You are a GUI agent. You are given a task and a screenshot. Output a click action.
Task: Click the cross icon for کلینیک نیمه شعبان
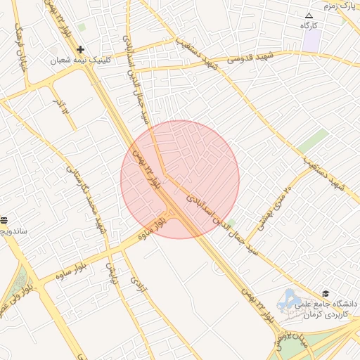(x=81, y=49)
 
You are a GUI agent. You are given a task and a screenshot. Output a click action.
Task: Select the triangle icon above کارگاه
(x=309, y=15)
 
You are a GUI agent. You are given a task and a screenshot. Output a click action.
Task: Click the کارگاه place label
(x=309, y=26)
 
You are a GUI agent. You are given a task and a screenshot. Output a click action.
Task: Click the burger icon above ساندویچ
(x=3, y=220)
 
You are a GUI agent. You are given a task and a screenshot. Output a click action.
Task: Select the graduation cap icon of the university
(x=325, y=293)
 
